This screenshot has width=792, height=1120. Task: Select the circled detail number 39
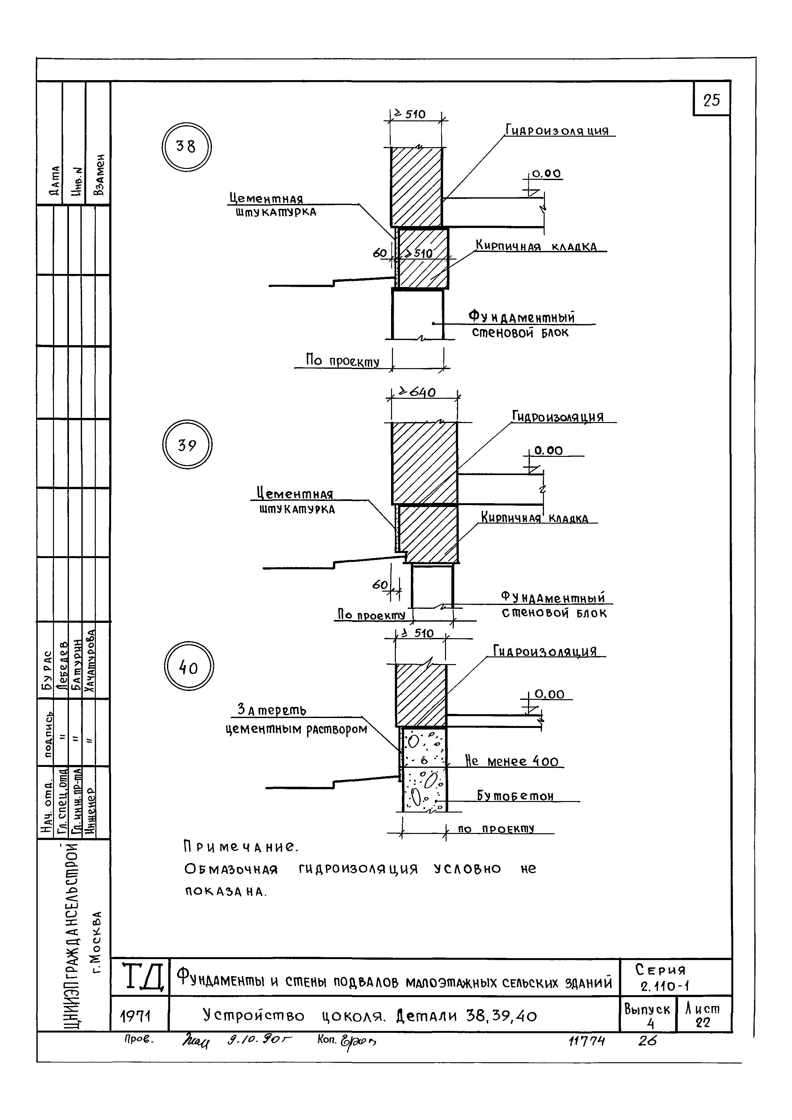pos(187,445)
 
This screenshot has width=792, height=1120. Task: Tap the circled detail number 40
pos(189,667)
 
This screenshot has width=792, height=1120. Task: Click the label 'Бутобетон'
pos(515,796)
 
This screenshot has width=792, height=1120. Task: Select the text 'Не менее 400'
pos(512,761)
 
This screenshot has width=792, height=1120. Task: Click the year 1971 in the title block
pos(135,1017)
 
